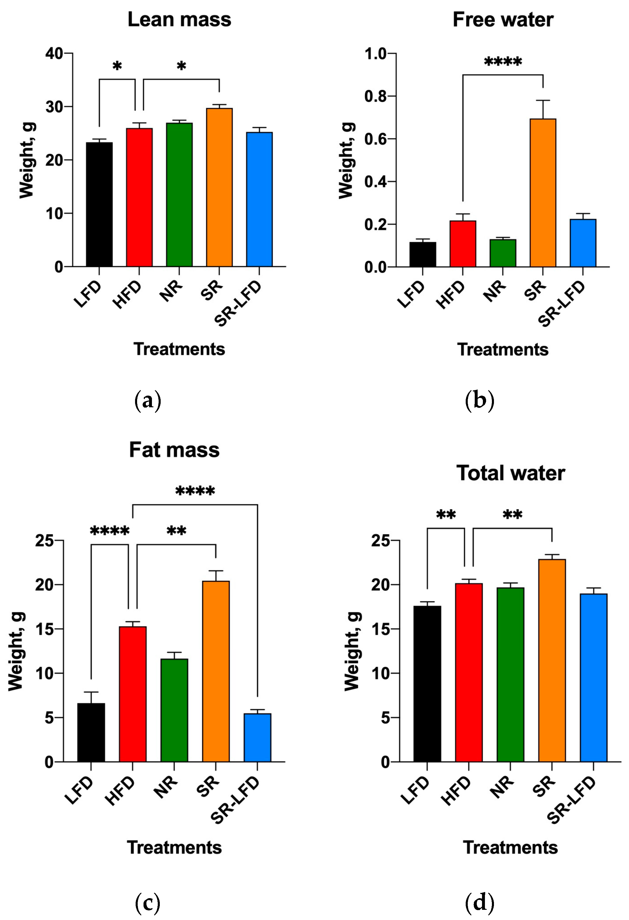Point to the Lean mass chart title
pyautogui.click(x=179, y=20)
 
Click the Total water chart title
pyautogui.click(x=510, y=473)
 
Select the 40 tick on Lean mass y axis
pyautogui.click(x=54, y=53)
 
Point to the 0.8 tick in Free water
pyautogui.click(x=375, y=96)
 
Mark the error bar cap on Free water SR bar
pyautogui.click(x=543, y=101)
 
